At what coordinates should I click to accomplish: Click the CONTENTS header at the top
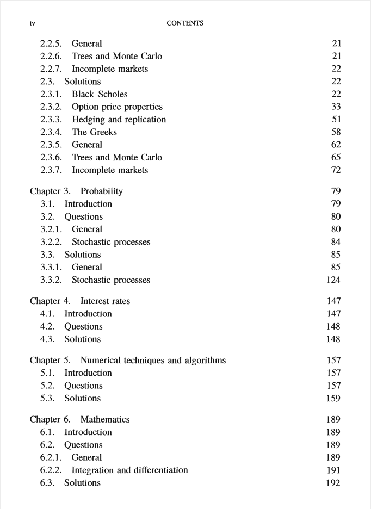(x=185, y=23)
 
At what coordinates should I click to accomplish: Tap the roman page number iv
(x=33, y=23)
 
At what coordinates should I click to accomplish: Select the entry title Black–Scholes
(x=100, y=94)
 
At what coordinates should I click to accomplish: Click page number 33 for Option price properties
(x=336, y=107)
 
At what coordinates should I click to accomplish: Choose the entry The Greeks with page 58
(x=94, y=132)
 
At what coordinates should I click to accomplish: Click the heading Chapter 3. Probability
(x=76, y=191)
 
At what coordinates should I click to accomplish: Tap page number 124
(x=333, y=280)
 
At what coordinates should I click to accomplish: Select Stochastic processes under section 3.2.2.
(x=111, y=242)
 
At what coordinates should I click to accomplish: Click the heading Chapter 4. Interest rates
(x=80, y=301)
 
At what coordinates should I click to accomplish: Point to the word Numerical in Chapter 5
(x=100, y=360)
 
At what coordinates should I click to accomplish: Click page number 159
(x=333, y=398)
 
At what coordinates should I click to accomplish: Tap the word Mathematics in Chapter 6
(x=105, y=419)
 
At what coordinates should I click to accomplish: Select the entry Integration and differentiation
(x=129, y=470)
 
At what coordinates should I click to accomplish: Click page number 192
(x=333, y=483)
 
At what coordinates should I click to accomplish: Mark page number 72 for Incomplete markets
(x=336, y=170)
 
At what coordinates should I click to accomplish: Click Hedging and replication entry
(x=119, y=119)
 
